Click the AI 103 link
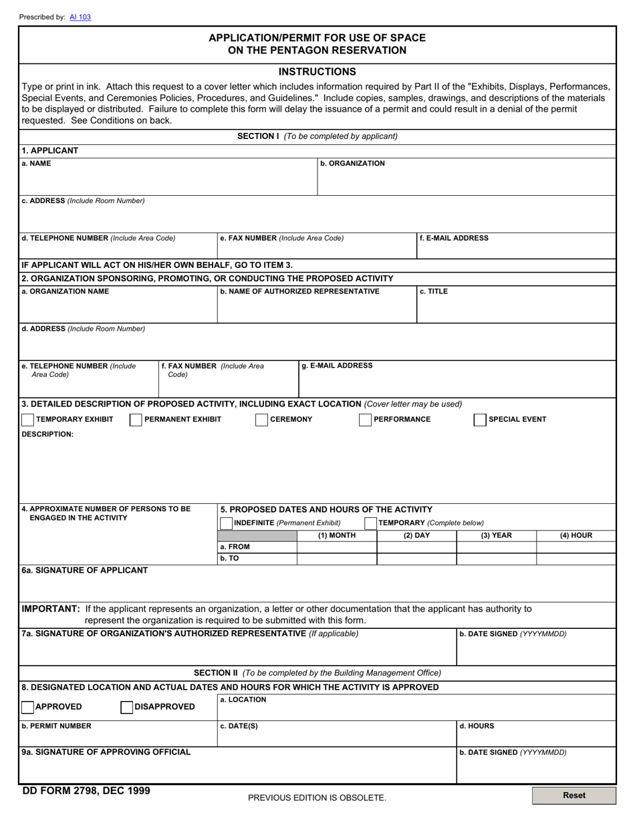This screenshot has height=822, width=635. tap(80, 17)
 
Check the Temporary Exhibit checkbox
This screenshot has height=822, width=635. tap(28, 420)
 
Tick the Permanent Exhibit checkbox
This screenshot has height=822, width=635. tap(136, 420)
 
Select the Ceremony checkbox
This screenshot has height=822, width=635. tap(262, 420)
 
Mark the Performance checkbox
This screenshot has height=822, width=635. tap(365, 420)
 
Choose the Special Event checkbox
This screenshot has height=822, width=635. tap(480, 420)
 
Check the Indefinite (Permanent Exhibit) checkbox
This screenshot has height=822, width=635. tap(227, 523)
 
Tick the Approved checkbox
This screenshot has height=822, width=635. tap(28, 707)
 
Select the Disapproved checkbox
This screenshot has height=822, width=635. tap(126, 707)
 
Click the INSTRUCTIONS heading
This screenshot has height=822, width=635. tap(317, 72)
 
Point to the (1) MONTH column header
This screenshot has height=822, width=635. tap(337, 535)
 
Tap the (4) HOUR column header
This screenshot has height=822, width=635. tap(576, 535)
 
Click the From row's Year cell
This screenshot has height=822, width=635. tap(496, 547)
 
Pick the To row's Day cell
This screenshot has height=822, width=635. tap(416, 559)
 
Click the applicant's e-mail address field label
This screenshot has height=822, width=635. tap(454, 238)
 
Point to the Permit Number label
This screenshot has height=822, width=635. tap(57, 726)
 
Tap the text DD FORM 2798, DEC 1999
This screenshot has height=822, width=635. tap(86, 791)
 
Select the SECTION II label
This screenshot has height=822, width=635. tap(216, 673)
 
